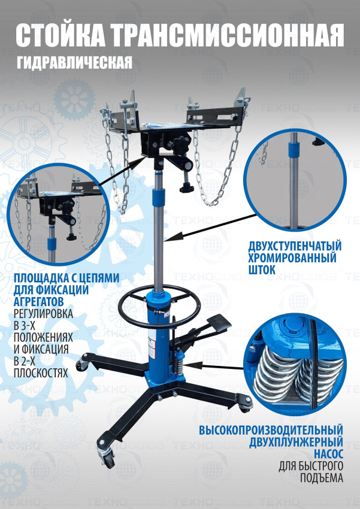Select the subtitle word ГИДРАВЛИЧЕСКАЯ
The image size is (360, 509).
pyautogui.click(x=74, y=63)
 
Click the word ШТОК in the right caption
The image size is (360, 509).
pyautogui.click(x=262, y=269)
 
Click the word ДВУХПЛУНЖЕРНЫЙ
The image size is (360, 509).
pyautogui.click(x=296, y=442)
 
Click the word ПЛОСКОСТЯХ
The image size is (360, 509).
pyautogui.click(x=41, y=373)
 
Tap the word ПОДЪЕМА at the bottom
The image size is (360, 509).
pyautogui.click(x=322, y=478)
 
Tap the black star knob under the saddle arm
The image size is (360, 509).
pyautogui.click(x=187, y=187)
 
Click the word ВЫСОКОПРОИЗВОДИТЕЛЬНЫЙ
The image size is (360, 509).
pyautogui.click(x=271, y=430)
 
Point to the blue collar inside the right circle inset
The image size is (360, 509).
pyautogui.click(x=294, y=151)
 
